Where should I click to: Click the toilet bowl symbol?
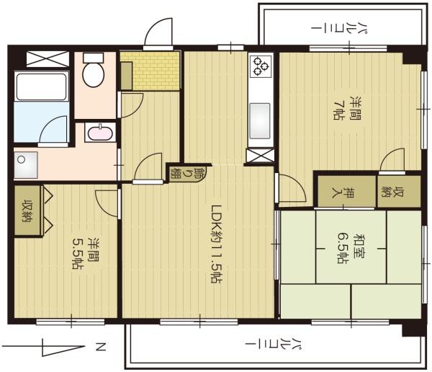click(x=93, y=72)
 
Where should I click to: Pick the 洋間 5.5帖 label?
click(x=84, y=253)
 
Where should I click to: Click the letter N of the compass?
click(x=101, y=349)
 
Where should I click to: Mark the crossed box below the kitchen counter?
click(x=260, y=155)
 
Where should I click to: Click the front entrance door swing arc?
click(x=158, y=32)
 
